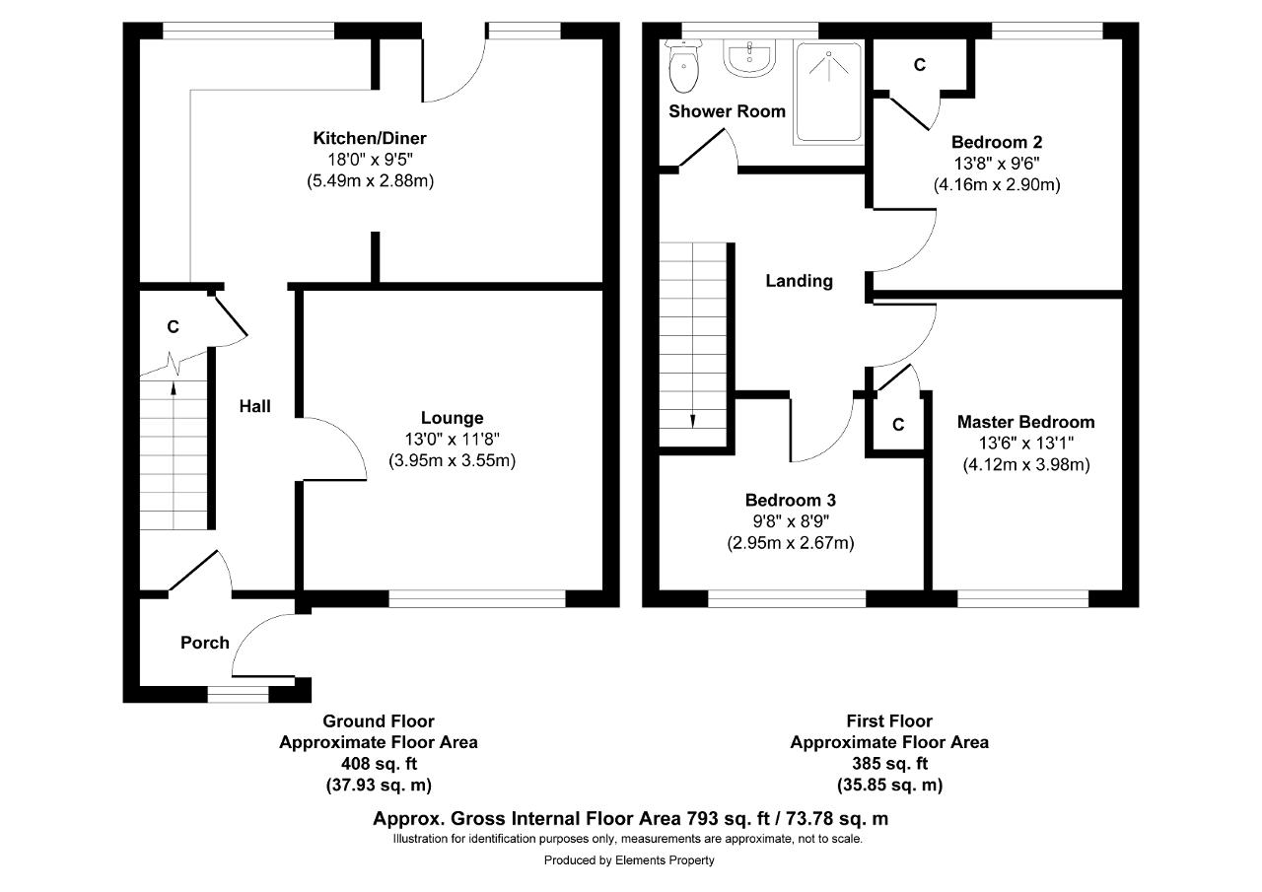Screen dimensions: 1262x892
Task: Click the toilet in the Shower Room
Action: click(683, 66)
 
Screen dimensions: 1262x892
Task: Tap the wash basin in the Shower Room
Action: click(750, 57)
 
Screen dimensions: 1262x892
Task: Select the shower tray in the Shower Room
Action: click(829, 93)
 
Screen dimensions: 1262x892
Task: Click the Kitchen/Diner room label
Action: click(370, 138)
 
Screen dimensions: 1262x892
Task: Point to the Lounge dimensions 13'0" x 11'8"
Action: click(452, 440)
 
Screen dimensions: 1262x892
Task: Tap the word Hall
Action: click(254, 406)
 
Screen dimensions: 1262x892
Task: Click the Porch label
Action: click(204, 643)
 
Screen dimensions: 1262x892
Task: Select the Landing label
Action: click(799, 281)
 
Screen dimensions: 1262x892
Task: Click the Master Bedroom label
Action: click(1026, 422)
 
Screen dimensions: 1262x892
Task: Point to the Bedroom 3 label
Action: click(791, 500)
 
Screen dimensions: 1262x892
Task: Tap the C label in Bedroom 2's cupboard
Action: click(920, 65)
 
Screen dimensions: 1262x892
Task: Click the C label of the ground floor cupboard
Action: click(173, 326)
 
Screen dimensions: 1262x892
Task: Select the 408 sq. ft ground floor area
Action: click(379, 764)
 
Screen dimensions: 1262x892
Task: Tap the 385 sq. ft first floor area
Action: click(889, 764)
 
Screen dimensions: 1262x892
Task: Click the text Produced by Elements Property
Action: click(629, 859)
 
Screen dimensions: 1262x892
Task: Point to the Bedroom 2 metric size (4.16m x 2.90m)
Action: click(997, 184)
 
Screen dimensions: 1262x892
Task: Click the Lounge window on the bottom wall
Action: click(476, 598)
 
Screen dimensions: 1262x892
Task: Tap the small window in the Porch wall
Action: click(239, 694)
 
